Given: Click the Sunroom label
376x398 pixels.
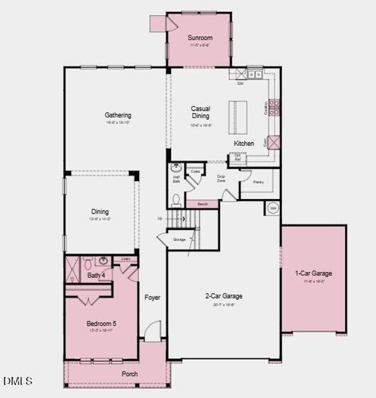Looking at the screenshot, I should coord(200,38).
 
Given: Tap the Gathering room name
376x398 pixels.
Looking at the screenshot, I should coord(117,115).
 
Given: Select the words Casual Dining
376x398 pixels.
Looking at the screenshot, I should coord(200,112).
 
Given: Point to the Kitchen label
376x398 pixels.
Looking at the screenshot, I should coord(243,143).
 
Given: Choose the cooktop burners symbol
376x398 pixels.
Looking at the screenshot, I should coord(275,107).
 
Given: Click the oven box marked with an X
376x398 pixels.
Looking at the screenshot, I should coord(274,142).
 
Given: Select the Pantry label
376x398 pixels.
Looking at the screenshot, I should coord(258,182).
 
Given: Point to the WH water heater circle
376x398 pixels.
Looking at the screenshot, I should coord(273,208).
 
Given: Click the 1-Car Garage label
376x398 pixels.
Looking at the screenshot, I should coord(314,273).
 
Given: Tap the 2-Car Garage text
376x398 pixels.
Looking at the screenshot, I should coord(223,296).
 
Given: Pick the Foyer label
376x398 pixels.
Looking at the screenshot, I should coord(153,297).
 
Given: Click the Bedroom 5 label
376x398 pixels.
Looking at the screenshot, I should coord(101,324).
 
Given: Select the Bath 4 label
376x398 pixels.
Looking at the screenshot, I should coord(95,275).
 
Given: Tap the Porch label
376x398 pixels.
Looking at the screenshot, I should coord(129,374).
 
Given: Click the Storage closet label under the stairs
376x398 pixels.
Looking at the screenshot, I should coord(179,239).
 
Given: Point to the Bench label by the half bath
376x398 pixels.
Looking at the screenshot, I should coord(202,204).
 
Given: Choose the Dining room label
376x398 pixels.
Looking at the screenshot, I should coord(100,212).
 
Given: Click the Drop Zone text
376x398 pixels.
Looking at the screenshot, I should coord(221,178).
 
